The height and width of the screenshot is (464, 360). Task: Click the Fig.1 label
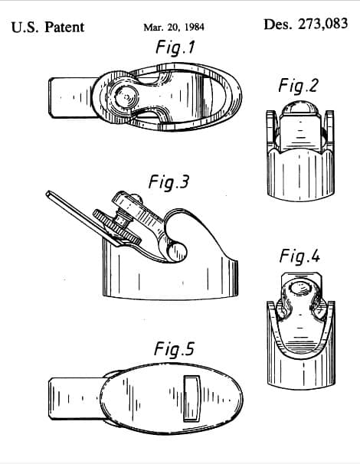coord(175,47)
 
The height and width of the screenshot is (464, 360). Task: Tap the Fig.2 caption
coord(298,86)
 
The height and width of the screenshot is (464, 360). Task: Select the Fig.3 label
coord(169,182)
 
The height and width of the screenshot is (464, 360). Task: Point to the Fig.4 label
coord(299,257)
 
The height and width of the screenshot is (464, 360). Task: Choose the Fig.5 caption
coord(174,349)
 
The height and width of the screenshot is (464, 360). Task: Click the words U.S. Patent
coord(47,28)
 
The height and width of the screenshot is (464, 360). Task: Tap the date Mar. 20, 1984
coord(174,28)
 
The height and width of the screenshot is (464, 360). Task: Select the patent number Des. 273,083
coord(306,24)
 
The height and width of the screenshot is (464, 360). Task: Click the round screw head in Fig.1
coord(126,97)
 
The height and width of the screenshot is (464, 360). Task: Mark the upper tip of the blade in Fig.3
coord(47,194)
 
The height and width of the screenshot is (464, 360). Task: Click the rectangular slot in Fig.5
coord(191,398)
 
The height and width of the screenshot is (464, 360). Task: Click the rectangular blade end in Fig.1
coord(73,98)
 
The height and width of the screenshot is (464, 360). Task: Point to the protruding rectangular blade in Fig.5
coord(77,398)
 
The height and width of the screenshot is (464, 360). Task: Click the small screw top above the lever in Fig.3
coord(136,198)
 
